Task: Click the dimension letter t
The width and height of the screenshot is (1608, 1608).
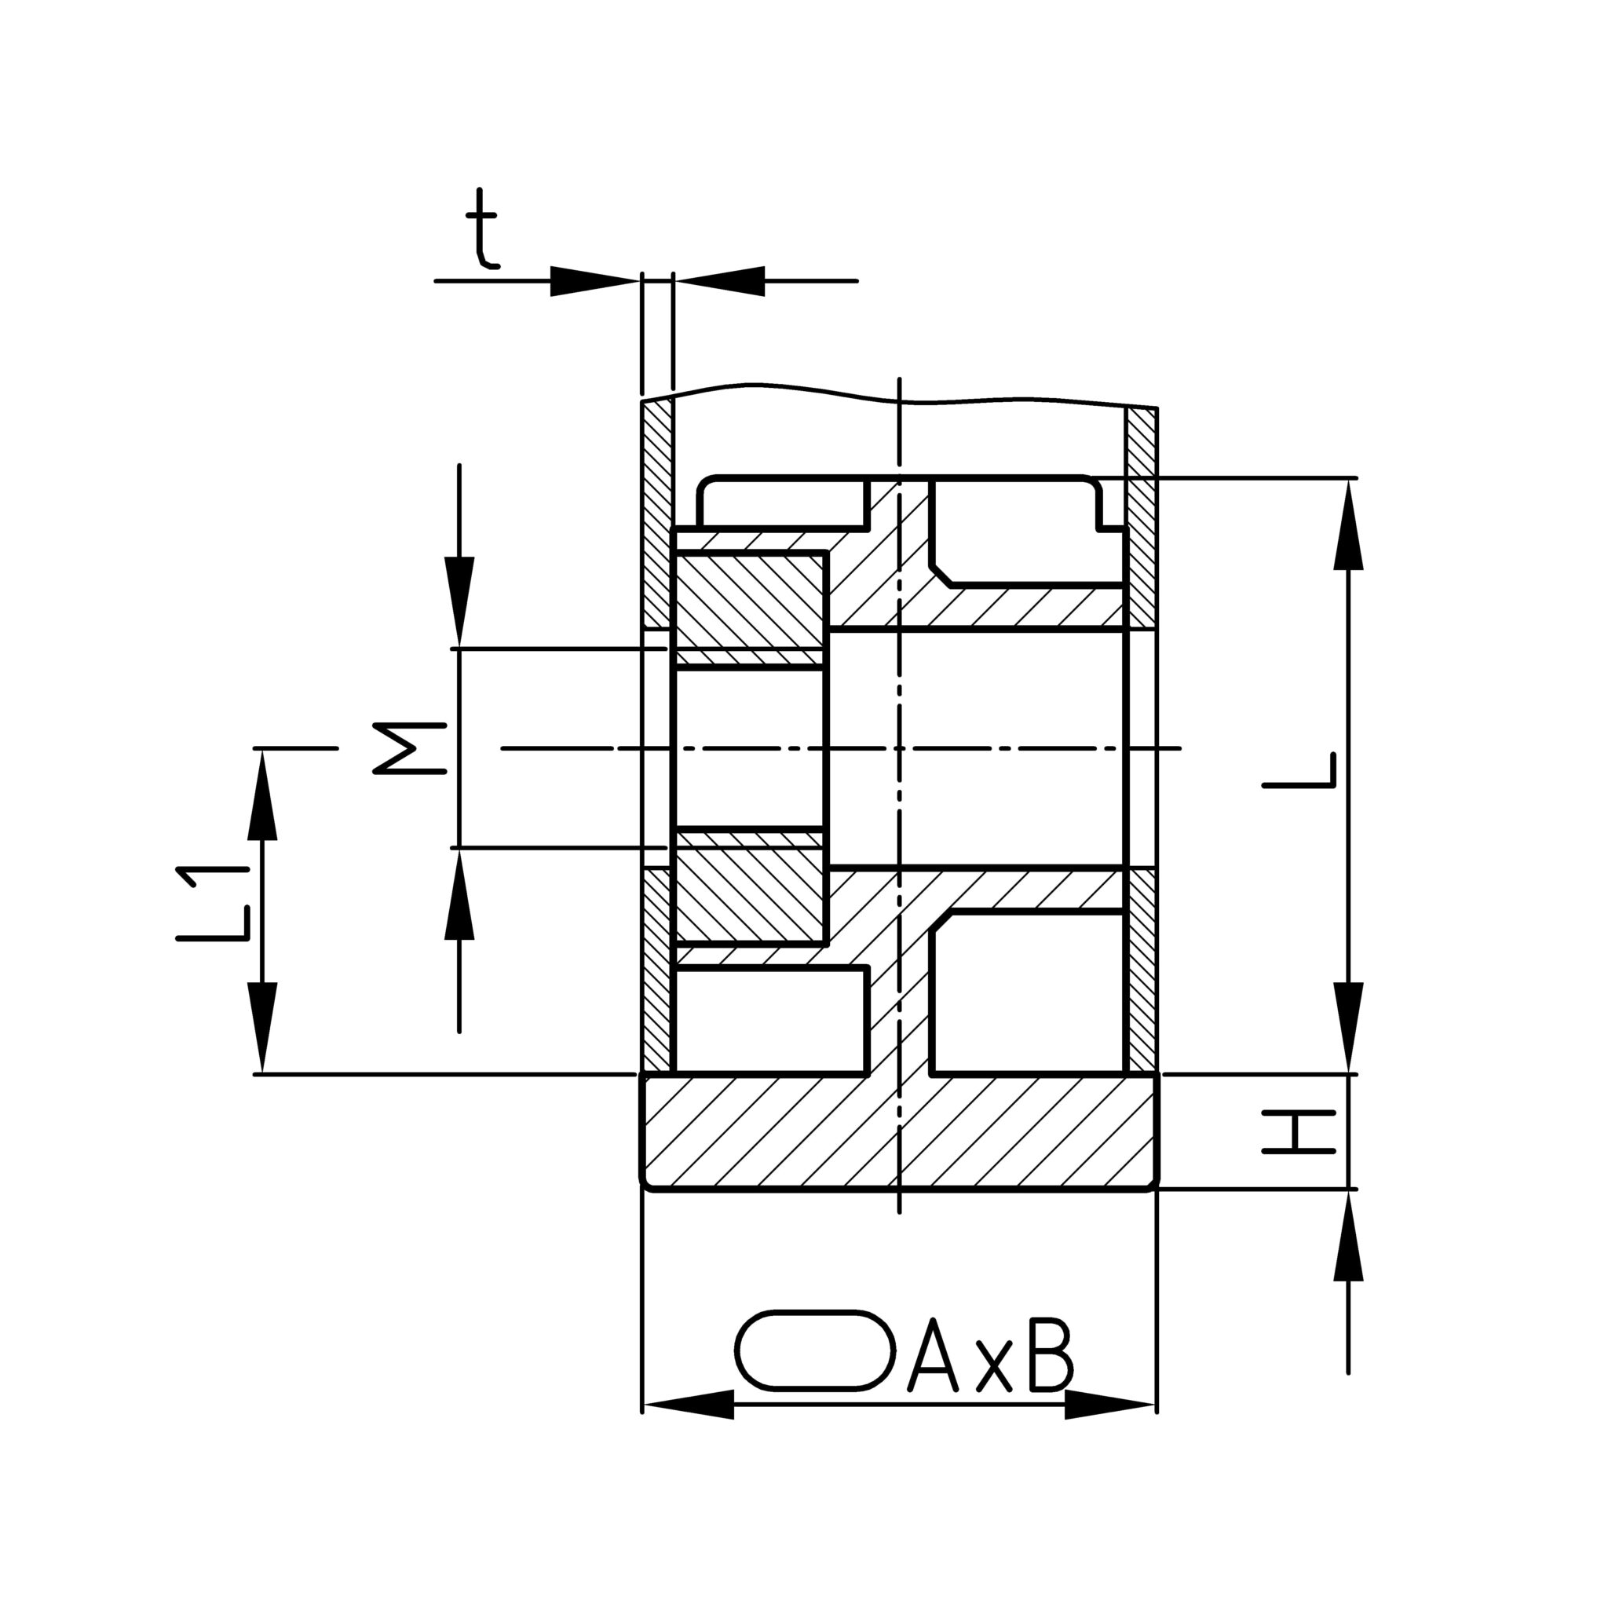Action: pyautogui.click(x=482, y=229)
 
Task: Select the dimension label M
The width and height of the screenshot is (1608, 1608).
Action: pyautogui.click(x=411, y=748)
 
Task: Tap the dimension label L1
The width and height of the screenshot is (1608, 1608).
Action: pyautogui.click(x=212, y=903)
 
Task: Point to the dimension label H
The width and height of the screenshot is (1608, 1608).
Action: pyautogui.click(x=1299, y=1132)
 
